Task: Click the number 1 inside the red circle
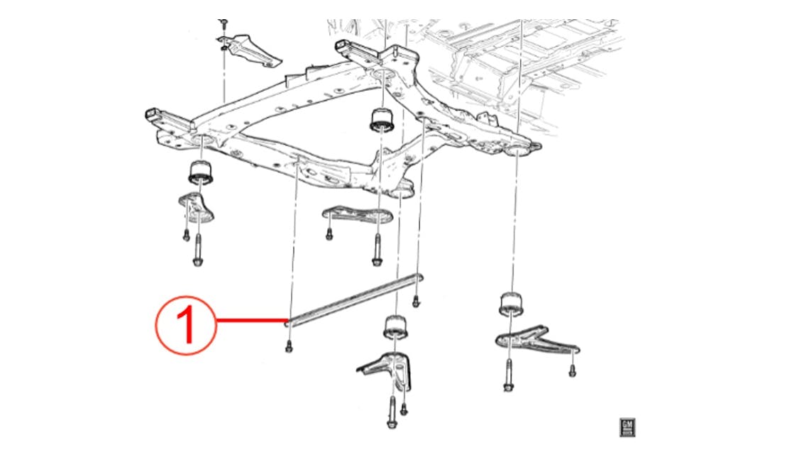point(185,325)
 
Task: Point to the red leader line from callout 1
point(248,321)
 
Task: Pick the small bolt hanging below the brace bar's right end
point(415,302)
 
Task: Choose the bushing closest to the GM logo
point(513,303)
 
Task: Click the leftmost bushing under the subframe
point(199,172)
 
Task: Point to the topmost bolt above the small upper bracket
point(224,24)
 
